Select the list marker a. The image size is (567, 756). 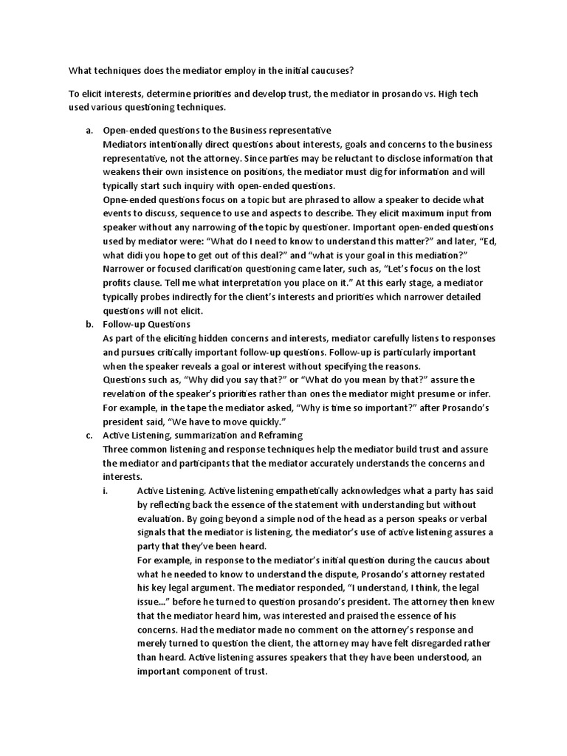(x=89, y=131)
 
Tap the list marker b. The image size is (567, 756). (x=89, y=324)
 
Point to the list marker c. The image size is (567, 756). (x=89, y=436)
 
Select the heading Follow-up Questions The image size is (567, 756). (x=147, y=324)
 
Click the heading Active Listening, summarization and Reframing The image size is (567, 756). (x=203, y=436)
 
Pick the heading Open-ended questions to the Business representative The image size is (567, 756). (x=217, y=131)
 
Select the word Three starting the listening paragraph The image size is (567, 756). (x=118, y=450)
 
